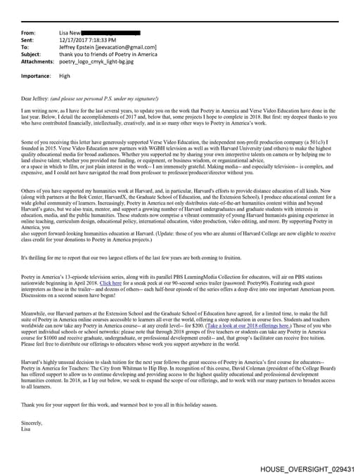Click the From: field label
pyautogui.click(x=30, y=33)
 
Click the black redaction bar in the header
pyautogui.click(x=112, y=33)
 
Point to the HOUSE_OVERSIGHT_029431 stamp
pyautogui.click(x=307, y=468)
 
